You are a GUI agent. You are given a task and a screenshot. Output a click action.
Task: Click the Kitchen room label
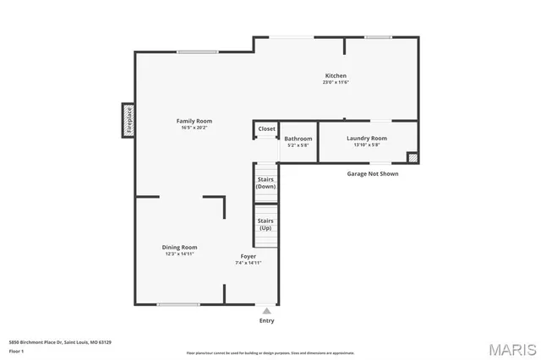(x=336, y=75)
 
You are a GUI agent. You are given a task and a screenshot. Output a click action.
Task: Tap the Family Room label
(x=194, y=121)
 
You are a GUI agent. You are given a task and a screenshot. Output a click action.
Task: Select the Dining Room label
(x=179, y=247)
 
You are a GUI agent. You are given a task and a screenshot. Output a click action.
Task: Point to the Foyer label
(x=248, y=256)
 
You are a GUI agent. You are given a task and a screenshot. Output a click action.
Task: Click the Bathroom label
(x=298, y=139)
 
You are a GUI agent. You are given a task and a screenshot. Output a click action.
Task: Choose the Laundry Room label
(x=366, y=138)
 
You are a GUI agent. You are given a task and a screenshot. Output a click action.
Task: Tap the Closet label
(x=266, y=128)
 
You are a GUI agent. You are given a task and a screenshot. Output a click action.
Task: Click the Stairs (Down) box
(x=266, y=182)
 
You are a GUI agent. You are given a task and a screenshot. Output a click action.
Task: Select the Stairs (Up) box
(x=266, y=224)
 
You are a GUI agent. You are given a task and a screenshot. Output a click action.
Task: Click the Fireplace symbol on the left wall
(x=128, y=120)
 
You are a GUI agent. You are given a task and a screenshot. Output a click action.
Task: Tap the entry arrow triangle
(x=267, y=311)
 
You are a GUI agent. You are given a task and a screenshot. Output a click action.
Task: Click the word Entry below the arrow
(x=267, y=320)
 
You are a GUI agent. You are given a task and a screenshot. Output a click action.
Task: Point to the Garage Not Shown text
(x=372, y=174)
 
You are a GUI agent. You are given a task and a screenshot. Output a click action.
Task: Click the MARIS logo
(x=511, y=348)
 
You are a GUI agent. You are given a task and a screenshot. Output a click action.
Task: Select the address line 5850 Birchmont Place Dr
(x=60, y=342)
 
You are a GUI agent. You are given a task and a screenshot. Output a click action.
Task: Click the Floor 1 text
(x=16, y=350)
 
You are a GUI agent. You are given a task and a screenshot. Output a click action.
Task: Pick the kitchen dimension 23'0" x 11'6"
(x=336, y=82)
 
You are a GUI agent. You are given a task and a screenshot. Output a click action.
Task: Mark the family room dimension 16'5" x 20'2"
(x=194, y=128)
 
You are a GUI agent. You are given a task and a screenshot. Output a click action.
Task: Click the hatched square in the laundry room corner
(x=412, y=157)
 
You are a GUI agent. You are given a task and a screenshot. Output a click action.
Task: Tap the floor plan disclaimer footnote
(x=270, y=353)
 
